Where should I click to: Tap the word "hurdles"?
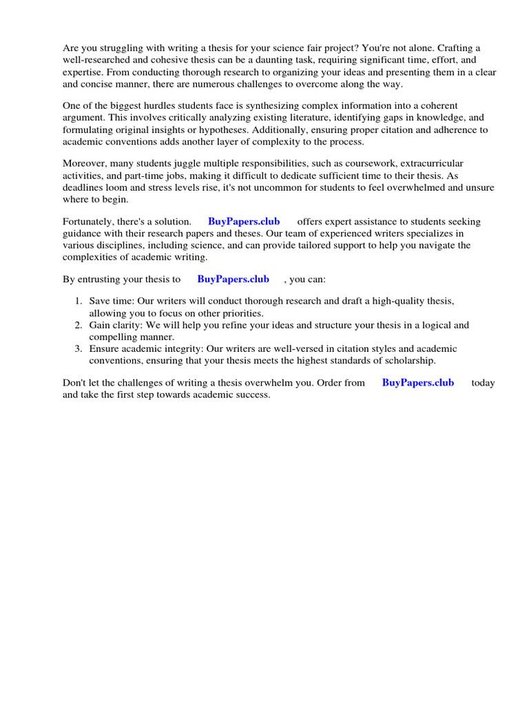[151, 105]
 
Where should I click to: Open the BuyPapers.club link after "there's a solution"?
[244, 221]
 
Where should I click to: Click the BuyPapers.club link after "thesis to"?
[233, 279]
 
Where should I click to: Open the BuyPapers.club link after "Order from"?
[417, 382]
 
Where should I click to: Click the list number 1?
[78, 302]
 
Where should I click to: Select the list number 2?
[78, 325]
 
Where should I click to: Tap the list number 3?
[78, 349]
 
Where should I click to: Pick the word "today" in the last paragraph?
[483, 383]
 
